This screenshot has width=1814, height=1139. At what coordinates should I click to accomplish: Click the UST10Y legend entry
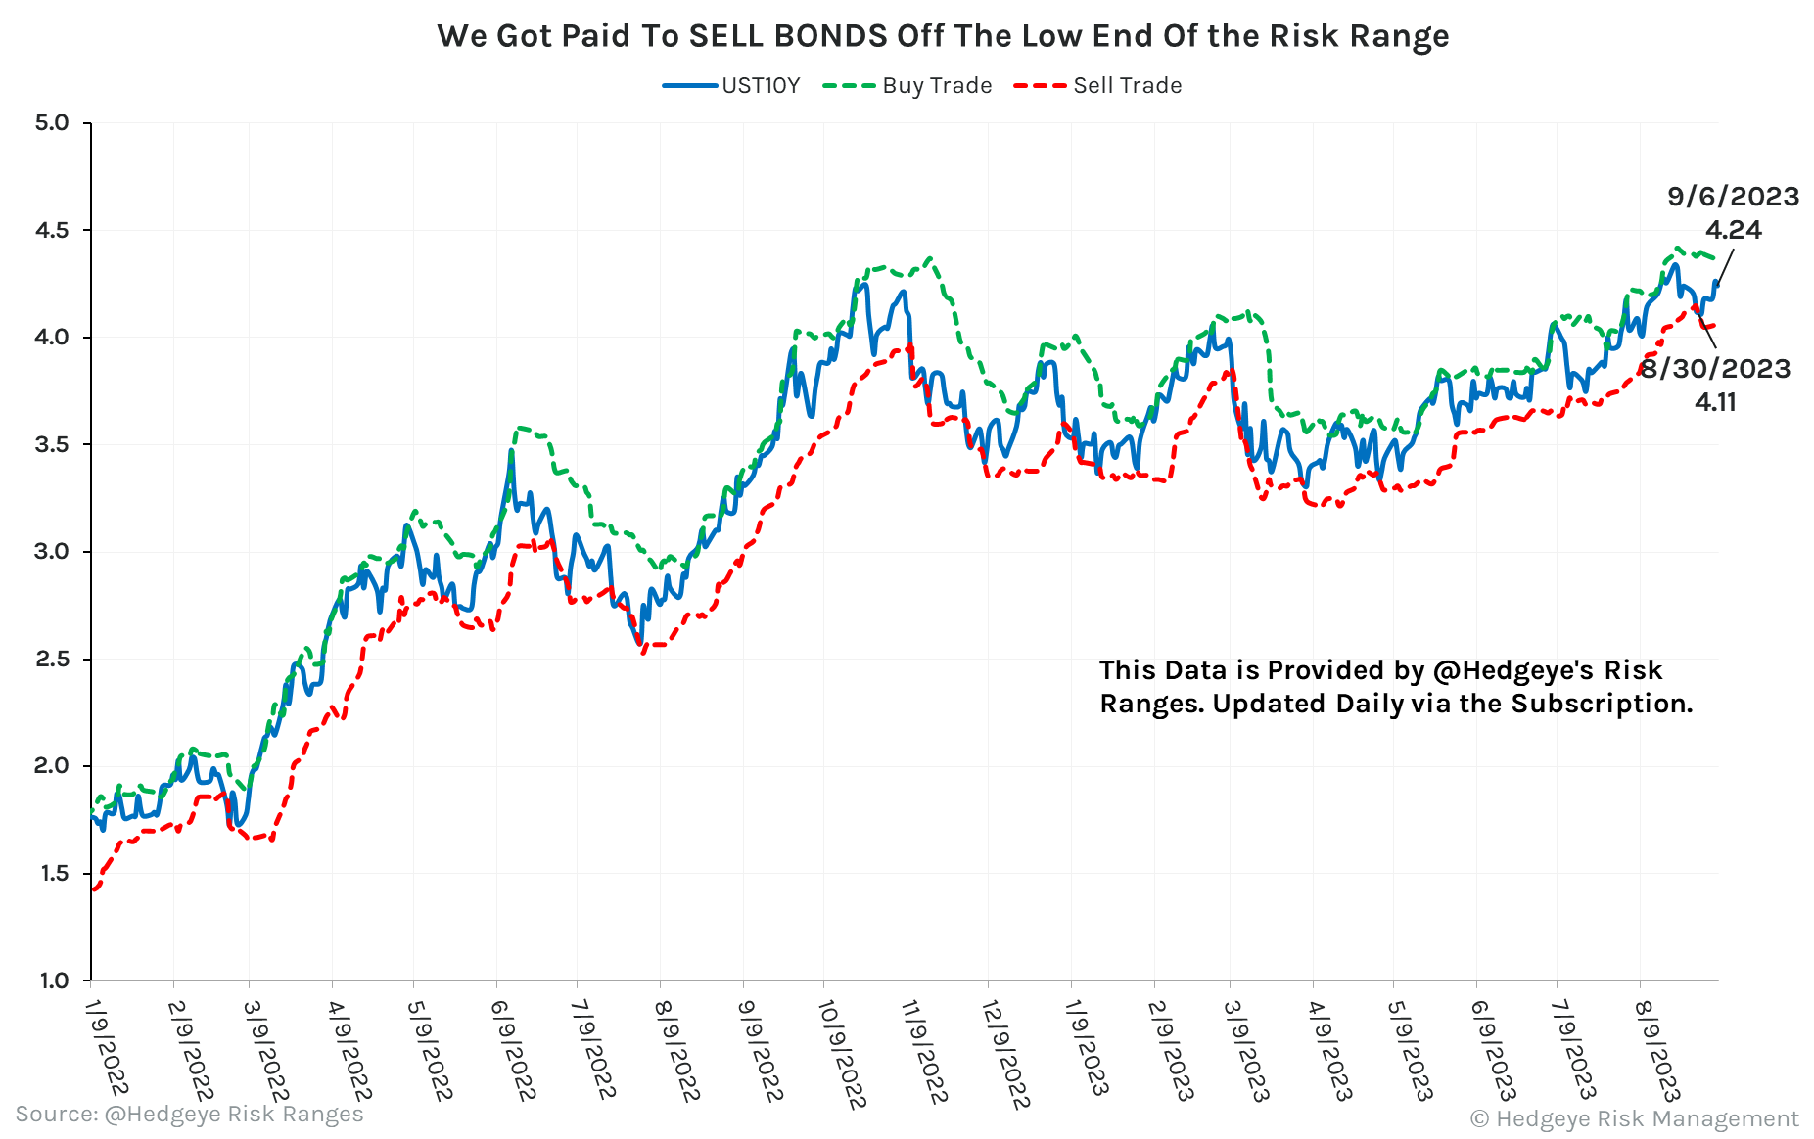[x=761, y=86]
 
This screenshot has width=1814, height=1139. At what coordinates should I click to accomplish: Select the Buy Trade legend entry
[x=937, y=86]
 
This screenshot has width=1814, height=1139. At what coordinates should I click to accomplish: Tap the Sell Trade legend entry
[x=1127, y=86]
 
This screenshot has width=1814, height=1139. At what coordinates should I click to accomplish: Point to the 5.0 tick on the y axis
[x=52, y=123]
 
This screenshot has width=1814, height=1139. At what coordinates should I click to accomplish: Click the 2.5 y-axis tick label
[x=52, y=659]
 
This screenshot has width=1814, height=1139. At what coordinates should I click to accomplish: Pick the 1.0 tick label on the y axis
[x=52, y=980]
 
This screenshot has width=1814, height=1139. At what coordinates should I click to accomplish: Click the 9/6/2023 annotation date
[x=1733, y=197]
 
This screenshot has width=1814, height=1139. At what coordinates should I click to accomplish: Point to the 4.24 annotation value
[x=1733, y=230]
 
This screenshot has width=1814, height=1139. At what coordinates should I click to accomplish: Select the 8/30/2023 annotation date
[x=1715, y=369]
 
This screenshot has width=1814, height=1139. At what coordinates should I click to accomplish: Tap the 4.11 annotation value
[x=1715, y=402]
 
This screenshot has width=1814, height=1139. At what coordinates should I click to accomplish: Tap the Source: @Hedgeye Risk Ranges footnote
[x=189, y=1114]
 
